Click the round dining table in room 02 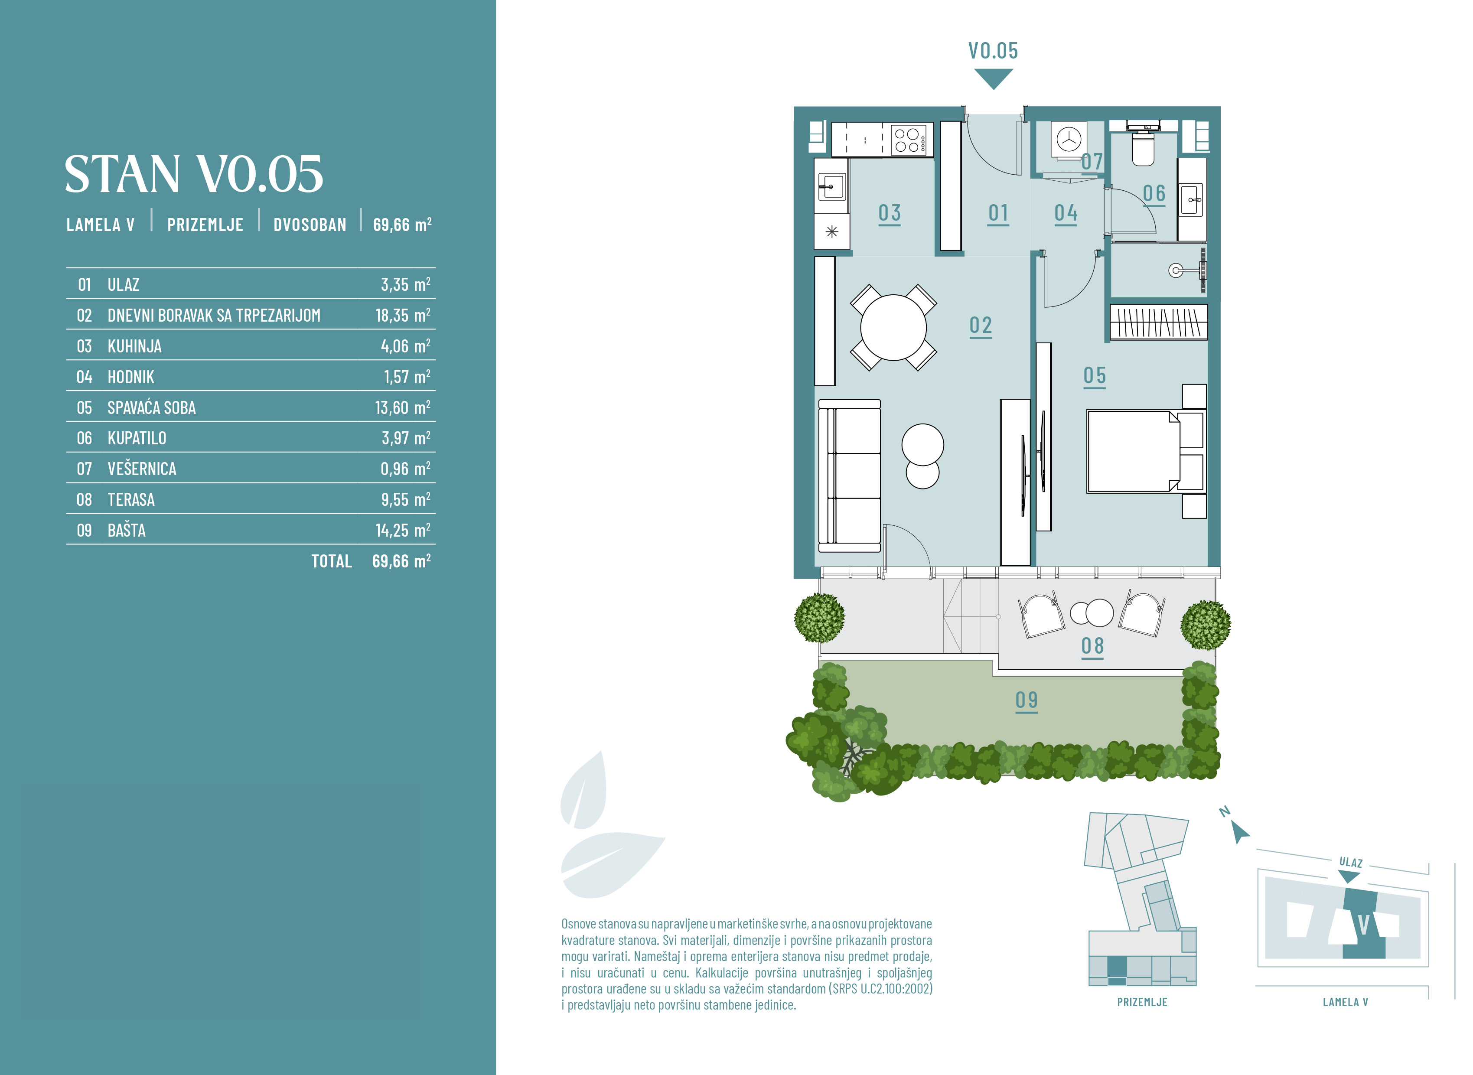pos(893,327)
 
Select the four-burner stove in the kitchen pos(911,139)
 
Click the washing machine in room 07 pos(1068,139)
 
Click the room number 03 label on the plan pos(890,213)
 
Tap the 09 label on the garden pos(1026,701)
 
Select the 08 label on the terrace pos(1092,647)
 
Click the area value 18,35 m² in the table pos(403,315)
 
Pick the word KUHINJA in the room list pos(135,346)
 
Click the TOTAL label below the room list pos(331,561)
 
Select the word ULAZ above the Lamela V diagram pos(1351,862)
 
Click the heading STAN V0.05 pos(193,174)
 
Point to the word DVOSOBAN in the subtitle pos(310,225)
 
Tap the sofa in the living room pos(850,476)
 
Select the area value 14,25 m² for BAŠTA pos(403,530)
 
